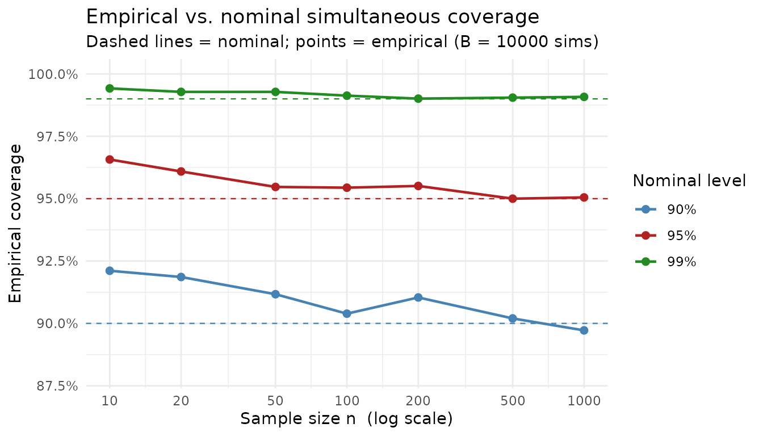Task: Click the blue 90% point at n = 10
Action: point(110,271)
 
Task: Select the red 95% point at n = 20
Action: point(181,171)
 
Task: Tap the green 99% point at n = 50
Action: point(275,92)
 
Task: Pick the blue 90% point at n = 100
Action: point(347,314)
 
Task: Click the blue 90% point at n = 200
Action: point(418,297)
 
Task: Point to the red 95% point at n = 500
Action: point(513,199)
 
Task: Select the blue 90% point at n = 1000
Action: point(584,330)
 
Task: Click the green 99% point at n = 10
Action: point(110,89)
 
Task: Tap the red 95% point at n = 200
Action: point(418,186)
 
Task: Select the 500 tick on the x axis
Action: point(513,401)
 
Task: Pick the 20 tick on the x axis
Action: point(181,401)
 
